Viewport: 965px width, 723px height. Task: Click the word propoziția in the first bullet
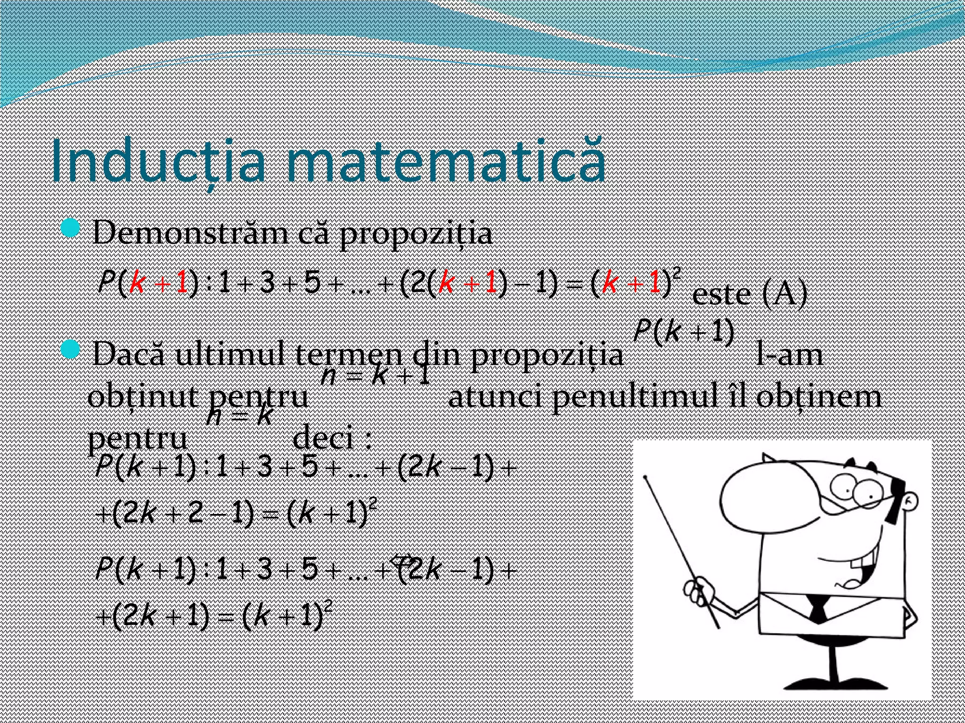(416, 233)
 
